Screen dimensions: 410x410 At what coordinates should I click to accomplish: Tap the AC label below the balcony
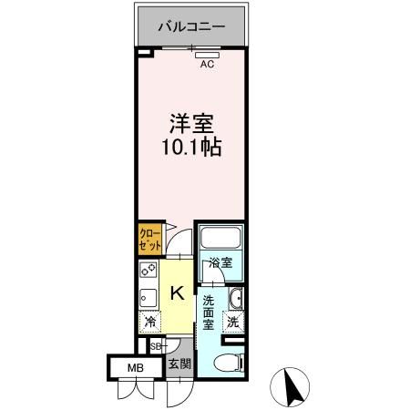(x=207, y=64)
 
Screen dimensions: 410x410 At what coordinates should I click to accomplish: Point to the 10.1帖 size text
(x=192, y=145)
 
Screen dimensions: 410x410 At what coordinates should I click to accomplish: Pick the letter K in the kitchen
(x=178, y=293)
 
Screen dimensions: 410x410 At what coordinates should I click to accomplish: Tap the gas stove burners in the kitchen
(x=148, y=271)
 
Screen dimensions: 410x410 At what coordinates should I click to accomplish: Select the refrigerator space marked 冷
(x=149, y=322)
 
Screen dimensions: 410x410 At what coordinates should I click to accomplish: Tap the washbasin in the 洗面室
(x=236, y=298)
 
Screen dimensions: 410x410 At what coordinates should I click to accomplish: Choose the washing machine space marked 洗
(x=233, y=322)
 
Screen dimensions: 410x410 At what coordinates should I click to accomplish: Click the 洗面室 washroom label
(x=209, y=312)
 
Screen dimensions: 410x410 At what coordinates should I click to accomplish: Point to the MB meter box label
(x=134, y=368)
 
